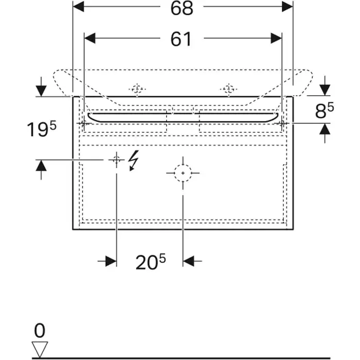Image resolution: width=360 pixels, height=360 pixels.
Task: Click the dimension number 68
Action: [182, 8]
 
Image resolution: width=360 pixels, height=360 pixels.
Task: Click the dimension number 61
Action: [181, 39]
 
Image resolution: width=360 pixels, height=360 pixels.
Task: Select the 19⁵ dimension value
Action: [42, 129]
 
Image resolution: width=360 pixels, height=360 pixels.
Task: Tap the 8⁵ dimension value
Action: [325, 111]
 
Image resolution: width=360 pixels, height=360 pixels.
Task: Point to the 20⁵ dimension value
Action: [150, 262]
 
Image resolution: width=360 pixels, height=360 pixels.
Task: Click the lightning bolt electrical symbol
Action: [133, 160]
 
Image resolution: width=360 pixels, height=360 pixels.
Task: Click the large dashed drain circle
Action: [183, 173]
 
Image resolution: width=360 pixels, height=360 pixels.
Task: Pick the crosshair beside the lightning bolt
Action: [116, 159]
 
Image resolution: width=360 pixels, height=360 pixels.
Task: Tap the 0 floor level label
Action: [40, 330]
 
